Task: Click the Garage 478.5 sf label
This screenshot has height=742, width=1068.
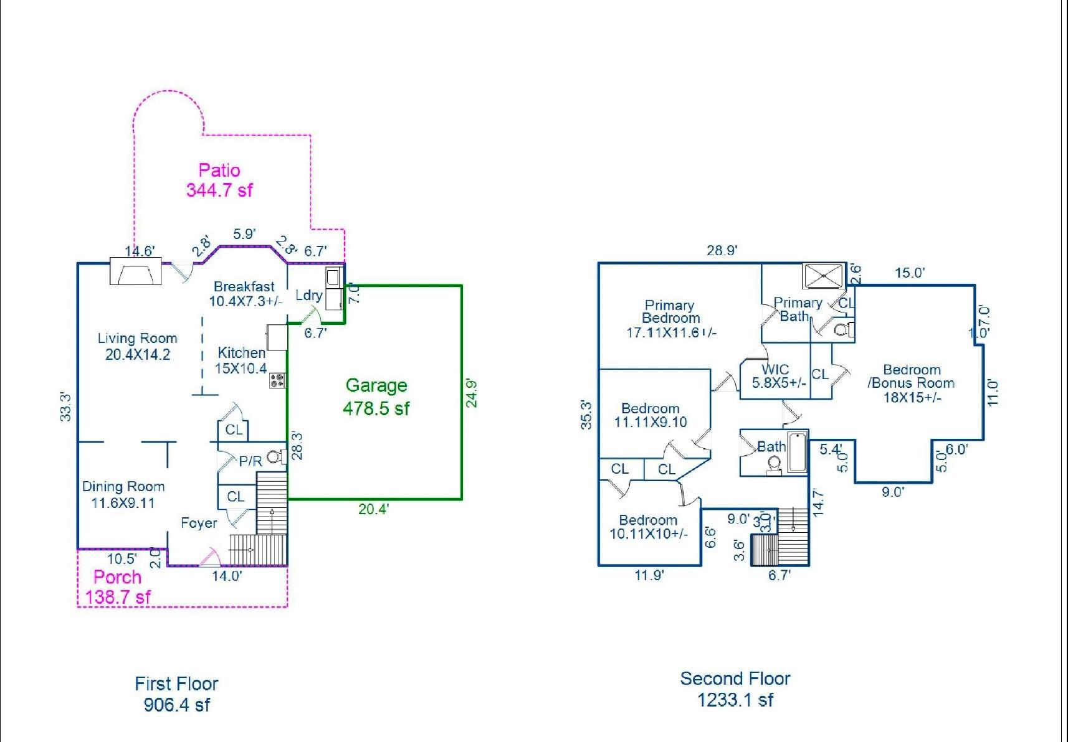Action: click(376, 397)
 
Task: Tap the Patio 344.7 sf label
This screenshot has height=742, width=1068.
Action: click(219, 180)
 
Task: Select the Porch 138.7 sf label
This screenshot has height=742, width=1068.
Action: click(117, 587)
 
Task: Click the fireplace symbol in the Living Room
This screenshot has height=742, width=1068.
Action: click(135, 271)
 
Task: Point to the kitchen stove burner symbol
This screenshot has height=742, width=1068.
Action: click(277, 380)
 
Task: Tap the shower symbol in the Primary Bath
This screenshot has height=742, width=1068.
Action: click(823, 276)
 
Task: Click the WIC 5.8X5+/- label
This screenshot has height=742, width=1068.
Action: click(776, 376)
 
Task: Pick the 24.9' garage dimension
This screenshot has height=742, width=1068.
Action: click(472, 393)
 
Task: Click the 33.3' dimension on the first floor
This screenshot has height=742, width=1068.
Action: click(65, 406)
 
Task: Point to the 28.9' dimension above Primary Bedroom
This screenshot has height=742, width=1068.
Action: click(722, 250)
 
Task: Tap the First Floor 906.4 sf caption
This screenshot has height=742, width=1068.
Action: click(176, 694)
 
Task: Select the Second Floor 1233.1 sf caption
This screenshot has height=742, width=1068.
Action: click(735, 689)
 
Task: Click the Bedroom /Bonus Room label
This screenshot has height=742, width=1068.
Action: click(911, 383)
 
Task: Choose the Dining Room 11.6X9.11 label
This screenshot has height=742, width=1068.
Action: click(123, 494)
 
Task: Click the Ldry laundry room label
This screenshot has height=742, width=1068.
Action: click(308, 295)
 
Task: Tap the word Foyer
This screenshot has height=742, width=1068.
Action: click(199, 523)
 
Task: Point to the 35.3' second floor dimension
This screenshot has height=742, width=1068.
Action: click(586, 415)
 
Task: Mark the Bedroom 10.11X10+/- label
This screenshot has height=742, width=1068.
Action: click(649, 527)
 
